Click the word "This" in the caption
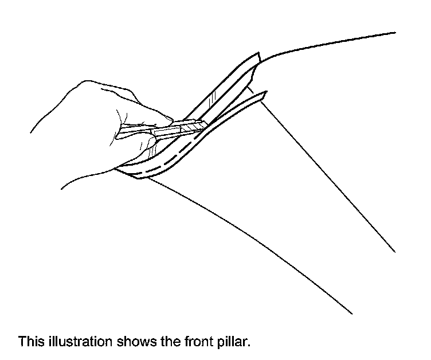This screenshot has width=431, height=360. coord(29,342)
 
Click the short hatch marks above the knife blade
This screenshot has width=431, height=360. coord(211,101)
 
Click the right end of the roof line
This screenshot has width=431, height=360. coord(395,33)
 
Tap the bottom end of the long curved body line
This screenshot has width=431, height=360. coord(351,314)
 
